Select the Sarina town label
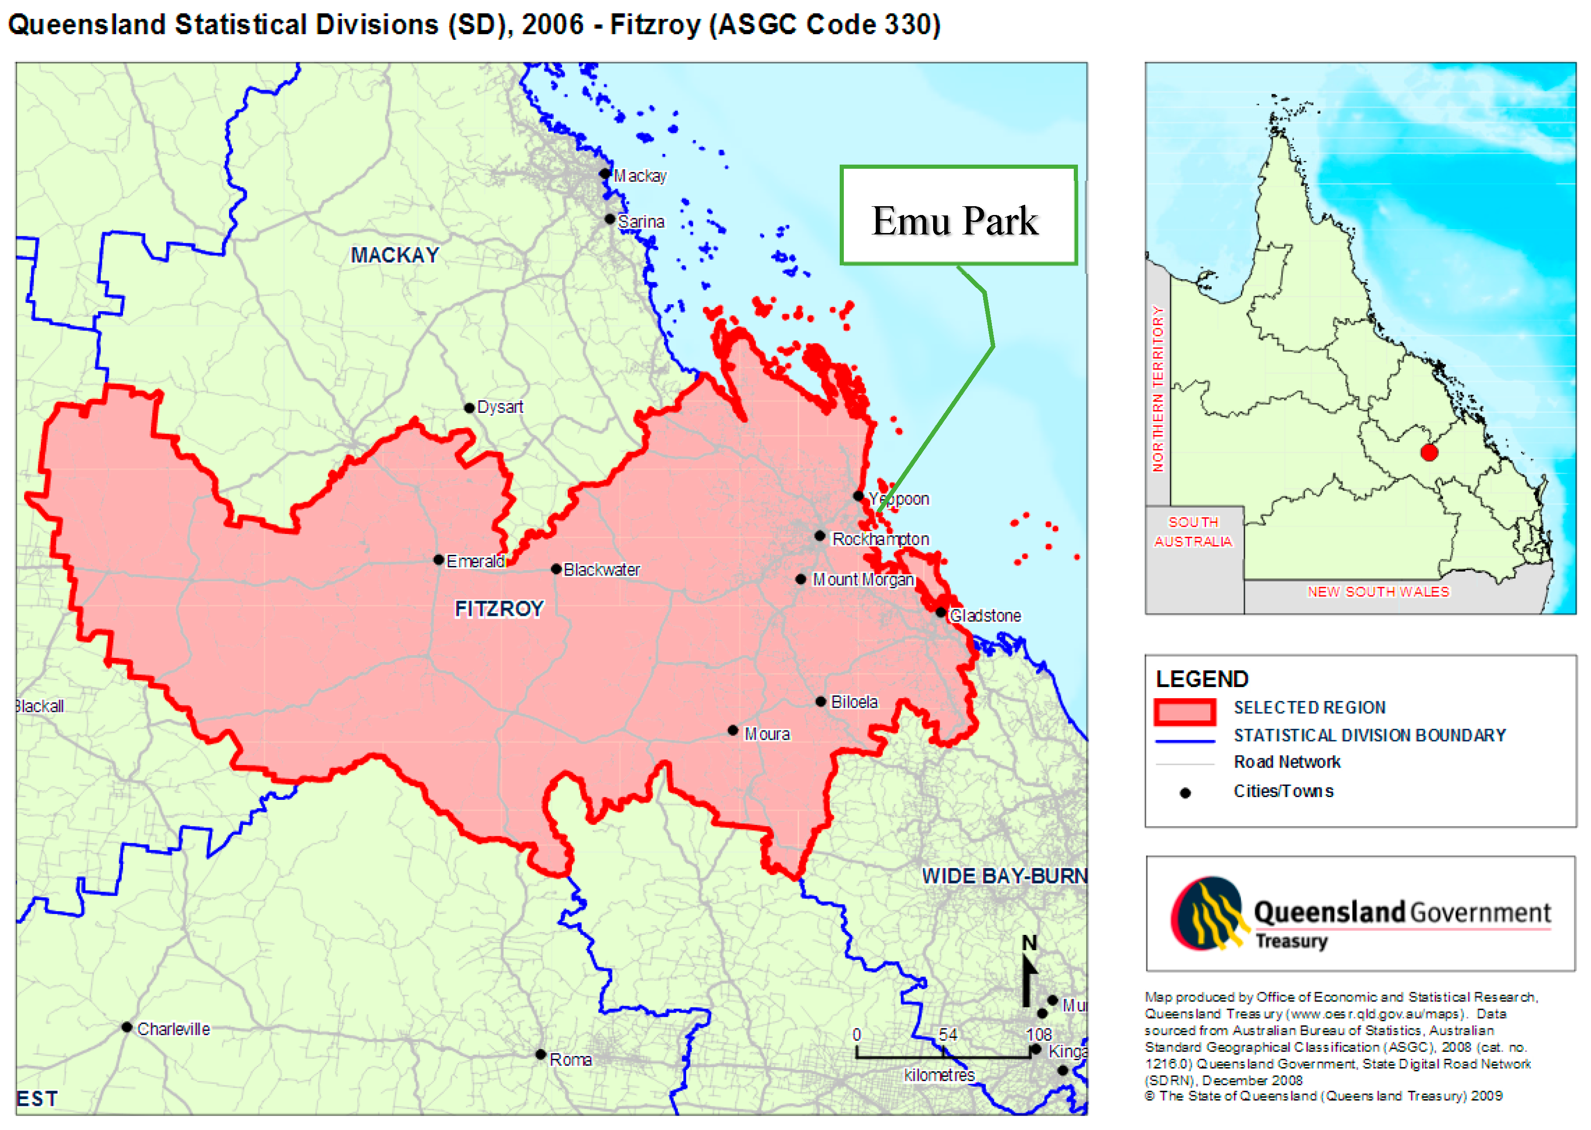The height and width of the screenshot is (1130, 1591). pos(641,222)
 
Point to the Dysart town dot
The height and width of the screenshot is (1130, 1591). pos(469,408)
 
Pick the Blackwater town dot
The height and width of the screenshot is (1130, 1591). pos(556,569)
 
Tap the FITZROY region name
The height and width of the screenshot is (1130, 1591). pos(499,609)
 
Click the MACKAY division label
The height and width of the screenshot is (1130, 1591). pos(395,255)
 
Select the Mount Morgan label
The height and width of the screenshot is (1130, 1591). pos(863,580)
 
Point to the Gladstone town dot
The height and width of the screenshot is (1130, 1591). pos(941,612)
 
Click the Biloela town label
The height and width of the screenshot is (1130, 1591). pos(854,702)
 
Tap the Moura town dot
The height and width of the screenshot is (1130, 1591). pos(732,730)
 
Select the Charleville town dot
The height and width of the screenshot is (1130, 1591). pos(127,1027)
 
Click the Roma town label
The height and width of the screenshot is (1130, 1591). pos(570,1060)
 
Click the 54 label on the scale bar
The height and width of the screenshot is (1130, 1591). pos(947,1035)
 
